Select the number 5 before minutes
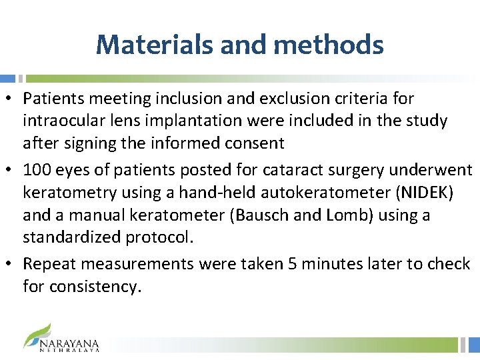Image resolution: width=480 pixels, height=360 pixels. (x=292, y=264)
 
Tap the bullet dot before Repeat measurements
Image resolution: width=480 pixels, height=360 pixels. (x=12, y=265)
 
